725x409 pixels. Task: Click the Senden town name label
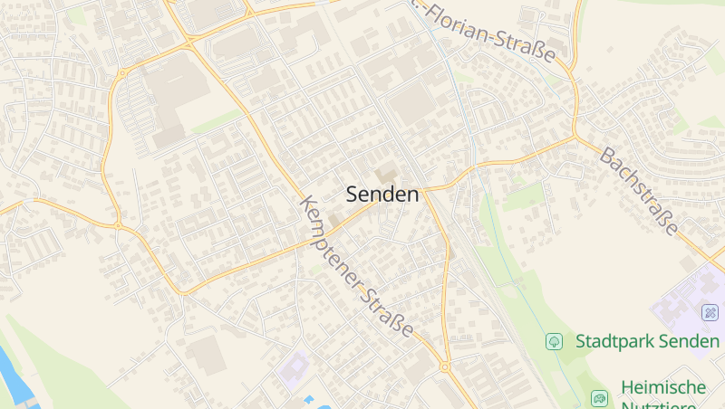click(382, 194)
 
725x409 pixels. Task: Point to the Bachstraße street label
click(638, 191)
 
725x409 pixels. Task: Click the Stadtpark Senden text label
click(647, 341)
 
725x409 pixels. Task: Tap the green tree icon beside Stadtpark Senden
click(554, 341)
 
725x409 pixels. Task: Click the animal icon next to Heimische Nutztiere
click(599, 397)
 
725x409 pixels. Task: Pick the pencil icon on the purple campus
click(710, 312)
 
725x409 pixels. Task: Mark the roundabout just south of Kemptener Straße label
click(445, 366)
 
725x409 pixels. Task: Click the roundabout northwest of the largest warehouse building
click(121, 73)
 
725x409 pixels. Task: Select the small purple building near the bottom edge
click(293, 370)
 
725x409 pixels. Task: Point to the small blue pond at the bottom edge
click(309, 399)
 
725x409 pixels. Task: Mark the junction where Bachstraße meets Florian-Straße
click(575, 138)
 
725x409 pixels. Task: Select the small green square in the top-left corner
click(77, 16)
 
